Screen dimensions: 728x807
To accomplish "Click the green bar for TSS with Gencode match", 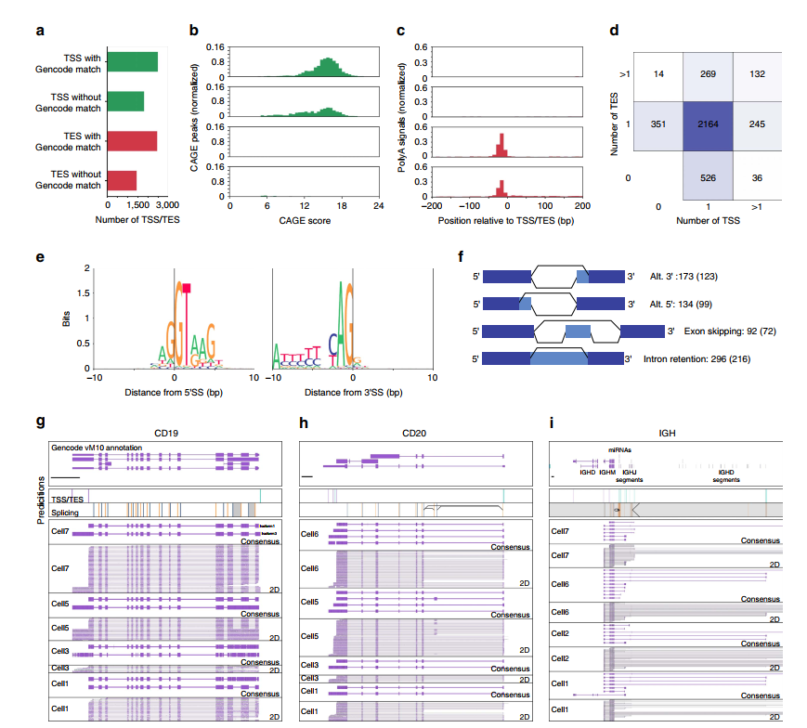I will coord(133,62).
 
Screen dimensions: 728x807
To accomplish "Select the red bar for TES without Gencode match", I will coord(123,180).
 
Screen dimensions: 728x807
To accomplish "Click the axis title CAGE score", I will coord(303,220).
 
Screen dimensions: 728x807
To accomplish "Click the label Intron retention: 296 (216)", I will coord(696,358).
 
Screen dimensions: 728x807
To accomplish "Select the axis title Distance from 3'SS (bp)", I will coord(354,393).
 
